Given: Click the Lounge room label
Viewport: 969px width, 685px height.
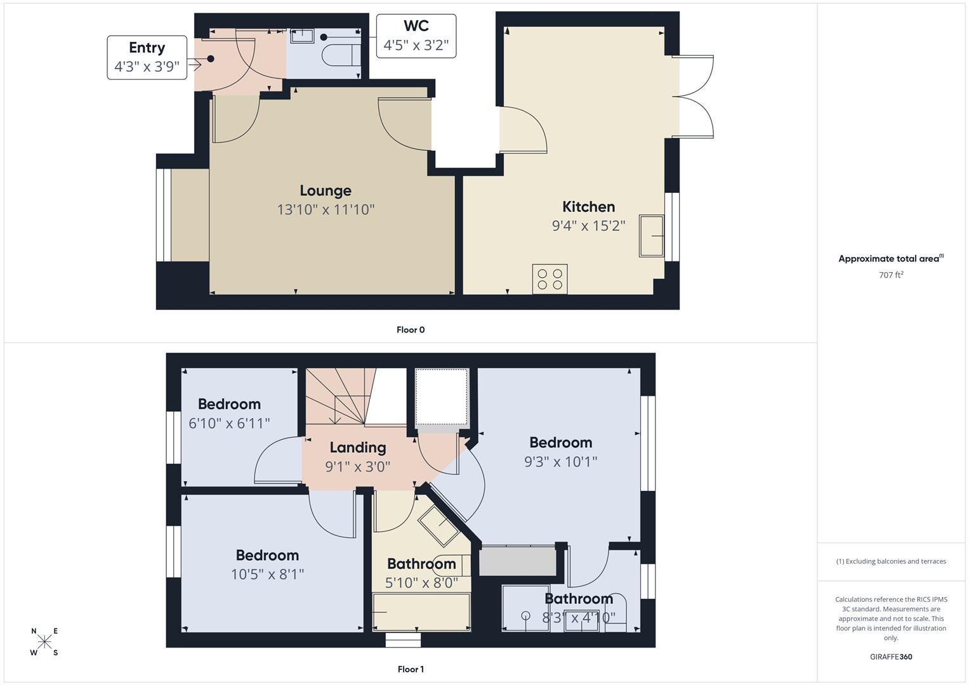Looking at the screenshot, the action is coord(326,191).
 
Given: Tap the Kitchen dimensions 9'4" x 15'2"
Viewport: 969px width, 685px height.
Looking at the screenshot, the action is coord(588,226).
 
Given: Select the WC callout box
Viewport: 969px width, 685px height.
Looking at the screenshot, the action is coord(416,36).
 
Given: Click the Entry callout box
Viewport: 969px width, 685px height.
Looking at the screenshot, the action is coord(147,58).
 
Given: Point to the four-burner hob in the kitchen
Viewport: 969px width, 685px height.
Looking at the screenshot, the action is coord(550,279).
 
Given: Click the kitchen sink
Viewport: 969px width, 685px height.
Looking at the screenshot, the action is coord(652,236).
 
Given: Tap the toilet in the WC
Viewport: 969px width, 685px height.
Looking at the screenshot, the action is coord(342,55).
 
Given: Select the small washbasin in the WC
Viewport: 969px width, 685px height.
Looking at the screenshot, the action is coord(302,36).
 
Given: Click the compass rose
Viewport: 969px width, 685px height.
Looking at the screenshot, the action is coord(44,641).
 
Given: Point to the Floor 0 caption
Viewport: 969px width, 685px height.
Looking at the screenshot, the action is coord(411,330).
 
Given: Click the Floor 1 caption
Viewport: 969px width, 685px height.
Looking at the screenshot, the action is coord(411,669).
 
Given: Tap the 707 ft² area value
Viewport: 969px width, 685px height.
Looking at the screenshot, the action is coord(891,275).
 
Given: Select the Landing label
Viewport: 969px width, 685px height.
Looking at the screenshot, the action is coord(358,448).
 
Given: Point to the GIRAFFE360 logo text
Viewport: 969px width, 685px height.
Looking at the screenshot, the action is coord(891,656).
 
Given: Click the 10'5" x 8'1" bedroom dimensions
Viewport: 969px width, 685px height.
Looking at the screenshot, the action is coord(267,574).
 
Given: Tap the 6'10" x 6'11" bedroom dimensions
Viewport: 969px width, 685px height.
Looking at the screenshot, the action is coord(229,423).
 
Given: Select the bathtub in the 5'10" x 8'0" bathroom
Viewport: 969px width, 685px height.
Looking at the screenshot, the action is coord(421,611).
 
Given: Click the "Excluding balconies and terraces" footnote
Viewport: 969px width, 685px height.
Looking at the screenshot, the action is coord(891,561).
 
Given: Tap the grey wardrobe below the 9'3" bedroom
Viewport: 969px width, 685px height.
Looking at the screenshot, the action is coord(518,561).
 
